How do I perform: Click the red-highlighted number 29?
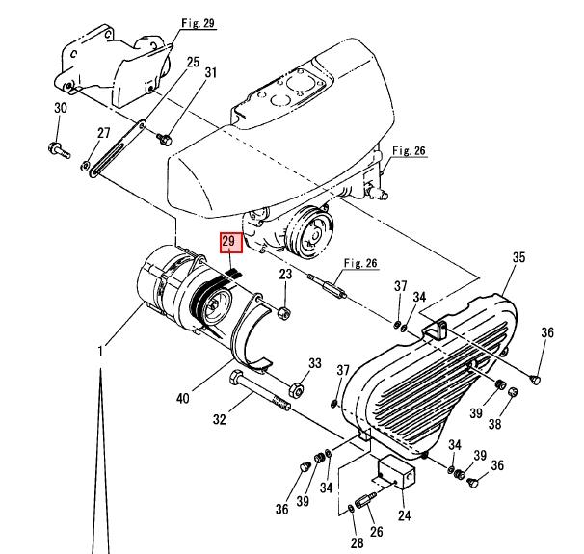tap(229, 241)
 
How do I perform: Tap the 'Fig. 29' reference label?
tap(197, 21)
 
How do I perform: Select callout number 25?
tap(193, 63)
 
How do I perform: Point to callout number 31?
tap(211, 73)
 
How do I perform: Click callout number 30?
tap(60, 109)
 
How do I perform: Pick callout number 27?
tap(103, 134)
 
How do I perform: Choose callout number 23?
tap(285, 277)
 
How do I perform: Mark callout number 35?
tap(518, 257)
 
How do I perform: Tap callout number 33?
tap(314, 363)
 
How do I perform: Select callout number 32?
tap(219, 419)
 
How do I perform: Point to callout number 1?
tap(98, 352)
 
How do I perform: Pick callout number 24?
tap(404, 514)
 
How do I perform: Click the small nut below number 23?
tap(283, 312)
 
